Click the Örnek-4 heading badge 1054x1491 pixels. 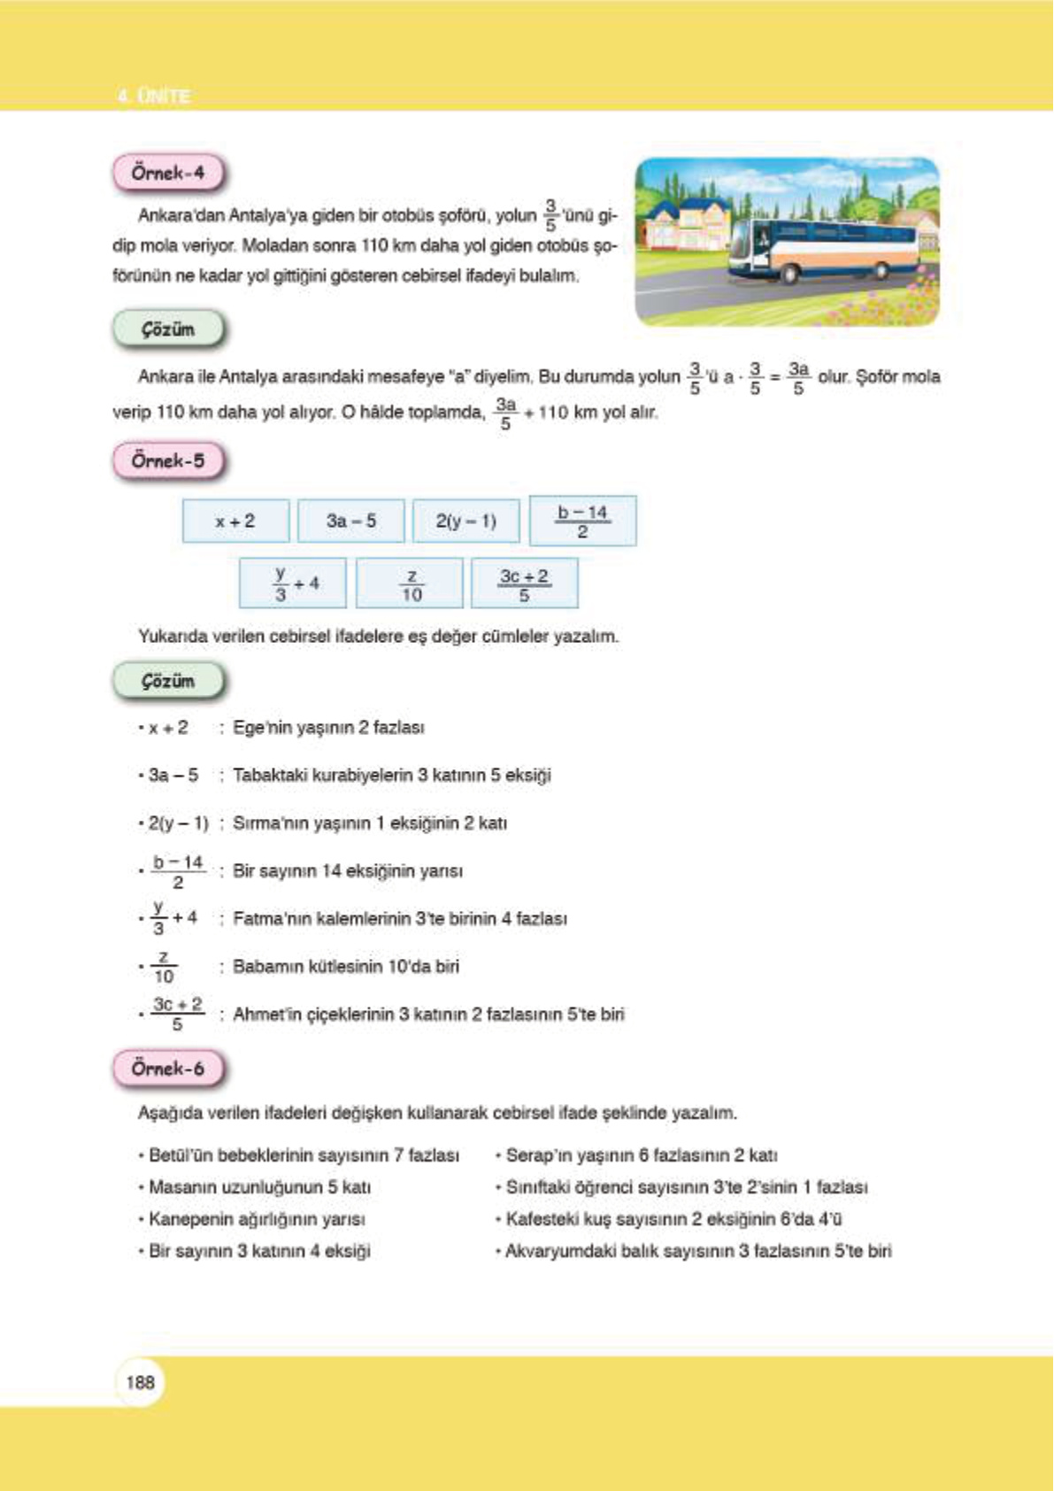click(x=167, y=174)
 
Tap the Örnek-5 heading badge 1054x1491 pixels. click(x=167, y=461)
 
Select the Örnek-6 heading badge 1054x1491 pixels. click(x=167, y=1069)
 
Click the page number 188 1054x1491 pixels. click(x=140, y=1382)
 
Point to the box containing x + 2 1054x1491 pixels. click(x=235, y=521)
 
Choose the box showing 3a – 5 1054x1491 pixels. click(x=350, y=521)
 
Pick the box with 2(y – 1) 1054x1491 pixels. click(x=465, y=521)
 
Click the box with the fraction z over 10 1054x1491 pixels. click(x=410, y=584)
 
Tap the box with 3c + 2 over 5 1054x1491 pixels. click(x=524, y=584)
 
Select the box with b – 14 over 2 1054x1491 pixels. click(x=582, y=521)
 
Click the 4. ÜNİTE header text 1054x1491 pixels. click(x=154, y=96)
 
